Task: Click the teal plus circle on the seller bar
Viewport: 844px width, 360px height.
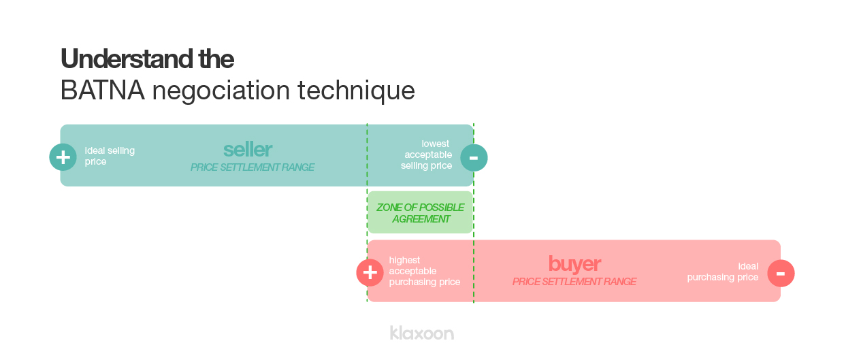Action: pyautogui.click(x=63, y=157)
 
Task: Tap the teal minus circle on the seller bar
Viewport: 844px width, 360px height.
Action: pyautogui.click(x=474, y=158)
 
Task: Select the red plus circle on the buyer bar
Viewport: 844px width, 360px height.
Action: pyautogui.click(x=370, y=273)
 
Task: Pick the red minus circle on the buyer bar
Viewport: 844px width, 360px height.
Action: pyautogui.click(x=781, y=274)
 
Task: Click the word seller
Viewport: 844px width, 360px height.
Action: pyautogui.click(x=248, y=150)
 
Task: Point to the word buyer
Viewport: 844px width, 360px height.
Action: pyautogui.click(x=574, y=264)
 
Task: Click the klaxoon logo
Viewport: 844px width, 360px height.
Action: pyautogui.click(x=421, y=333)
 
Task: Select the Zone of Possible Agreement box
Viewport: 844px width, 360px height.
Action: pyautogui.click(x=420, y=212)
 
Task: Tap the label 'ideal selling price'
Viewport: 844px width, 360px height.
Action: pyautogui.click(x=110, y=156)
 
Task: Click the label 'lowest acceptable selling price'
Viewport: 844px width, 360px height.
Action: pyautogui.click(x=427, y=154)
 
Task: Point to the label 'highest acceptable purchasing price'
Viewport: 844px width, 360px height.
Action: pyautogui.click(x=425, y=271)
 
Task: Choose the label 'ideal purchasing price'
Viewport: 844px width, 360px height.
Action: pyautogui.click(x=723, y=272)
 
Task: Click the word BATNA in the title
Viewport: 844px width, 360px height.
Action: pyautogui.click(x=103, y=91)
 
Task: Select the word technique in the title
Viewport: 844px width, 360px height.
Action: pyautogui.click(x=356, y=91)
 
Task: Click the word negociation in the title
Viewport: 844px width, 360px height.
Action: pyautogui.click(x=221, y=91)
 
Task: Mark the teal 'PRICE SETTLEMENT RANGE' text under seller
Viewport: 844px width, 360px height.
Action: pyautogui.click(x=252, y=167)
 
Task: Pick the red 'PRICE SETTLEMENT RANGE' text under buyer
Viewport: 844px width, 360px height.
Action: pyautogui.click(x=574, y=282)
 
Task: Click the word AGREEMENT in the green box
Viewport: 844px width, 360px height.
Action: pyautogui.click(x=421, y=219)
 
